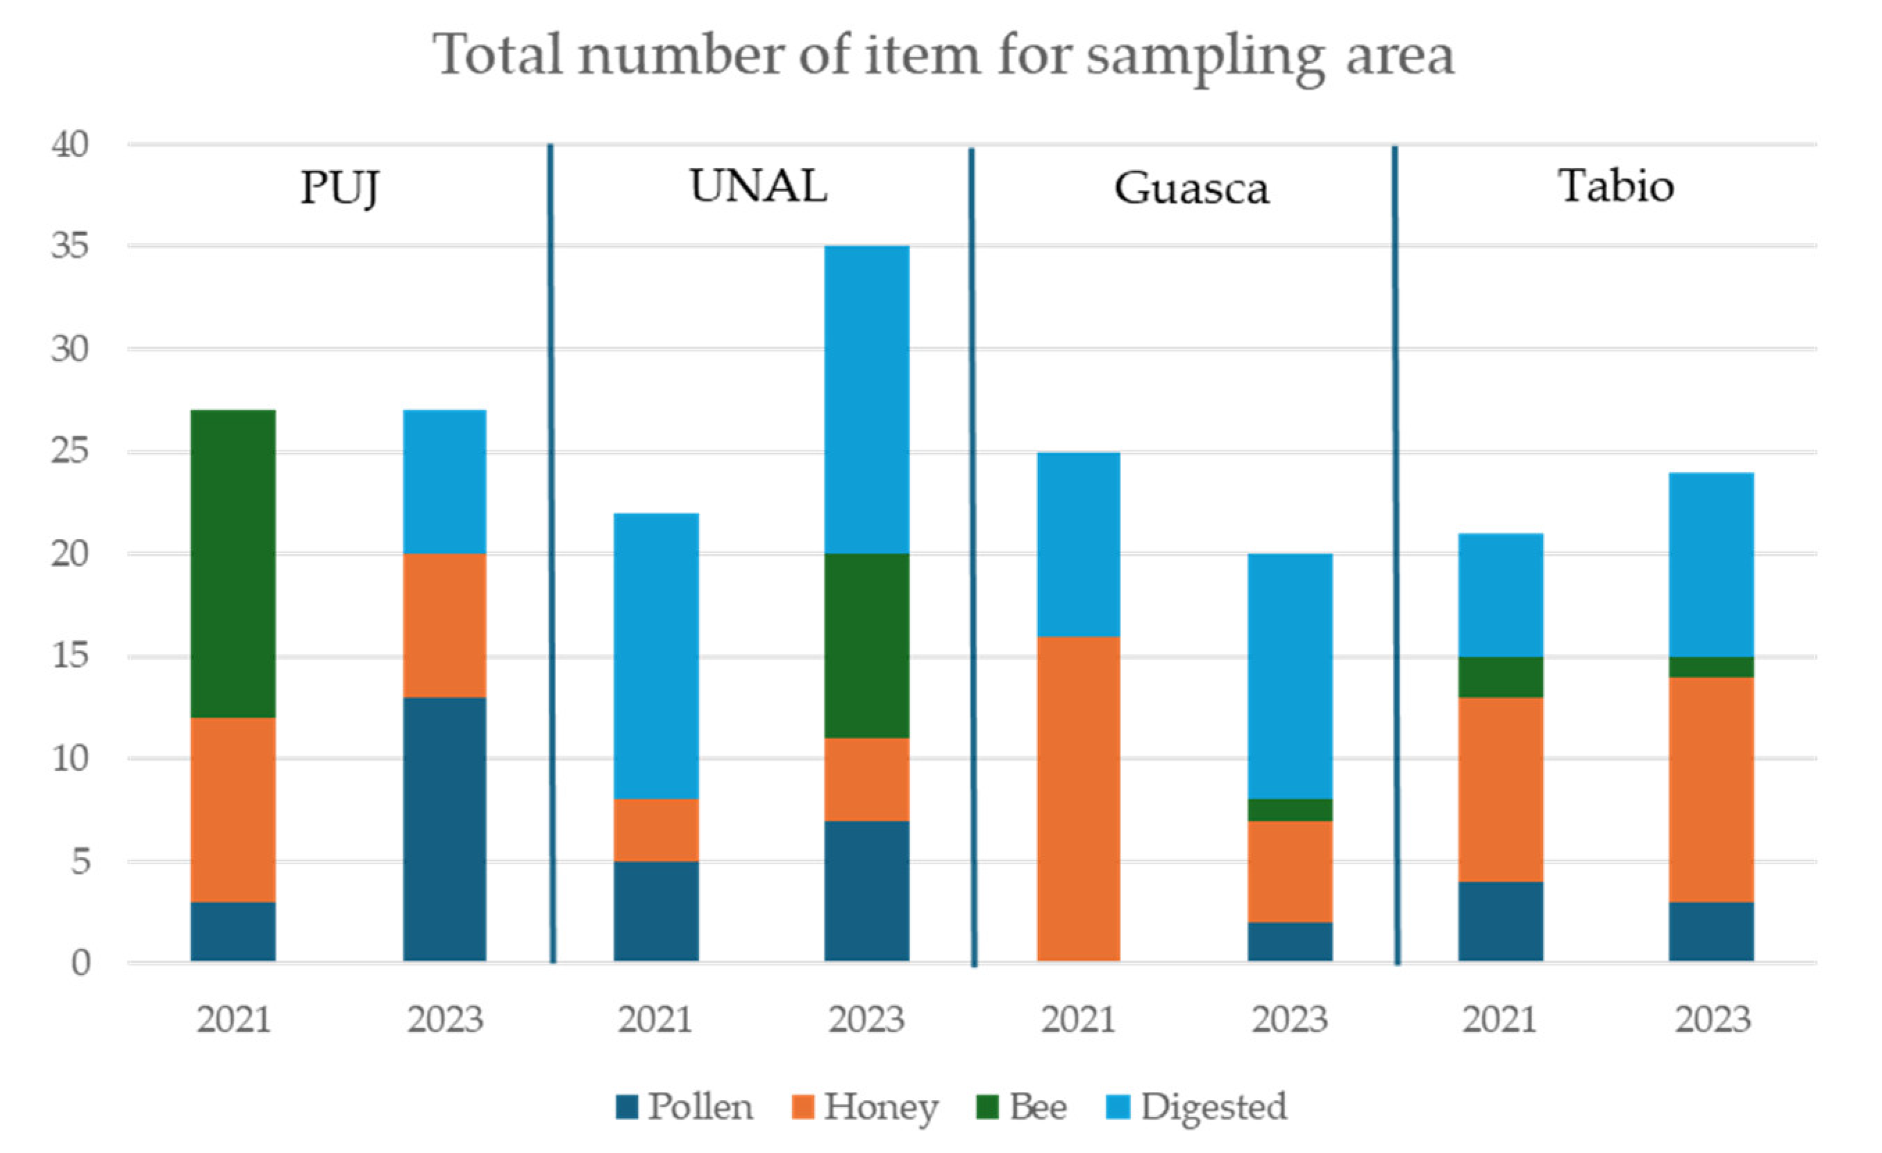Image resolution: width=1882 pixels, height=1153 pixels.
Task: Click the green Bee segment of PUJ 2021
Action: (x=233, y=563)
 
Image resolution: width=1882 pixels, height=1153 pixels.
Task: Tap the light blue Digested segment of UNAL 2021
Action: (x=656, y=656)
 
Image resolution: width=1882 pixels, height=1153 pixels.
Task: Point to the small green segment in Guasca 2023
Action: (x=1290, y=809)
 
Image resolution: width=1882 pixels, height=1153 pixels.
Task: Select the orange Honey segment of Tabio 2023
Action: (x=1712, y=789)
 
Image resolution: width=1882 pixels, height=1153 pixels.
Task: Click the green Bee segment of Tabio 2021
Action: (x=1501, y=677)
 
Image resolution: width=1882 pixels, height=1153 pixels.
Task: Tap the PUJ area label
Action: (x=340, y=188)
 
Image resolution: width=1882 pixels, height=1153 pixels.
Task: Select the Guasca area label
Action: (x=1191, y=188)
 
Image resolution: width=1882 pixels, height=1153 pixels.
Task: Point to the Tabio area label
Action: (x=1616, y=185)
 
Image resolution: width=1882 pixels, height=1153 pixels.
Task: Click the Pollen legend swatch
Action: (x=627, y=1106)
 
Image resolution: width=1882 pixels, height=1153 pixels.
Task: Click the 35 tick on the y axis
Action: (x=70, y=246)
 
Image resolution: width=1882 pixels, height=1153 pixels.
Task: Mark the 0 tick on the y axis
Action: (x=81, y=963)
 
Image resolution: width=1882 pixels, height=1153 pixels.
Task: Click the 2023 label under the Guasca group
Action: (x=1290, y=1019)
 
